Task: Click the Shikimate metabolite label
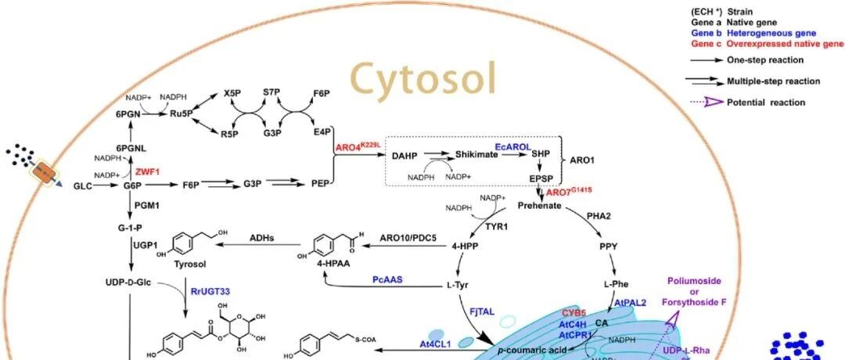pos(477,157)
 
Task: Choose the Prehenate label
pos(540,205)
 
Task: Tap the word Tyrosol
pos(189,265)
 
